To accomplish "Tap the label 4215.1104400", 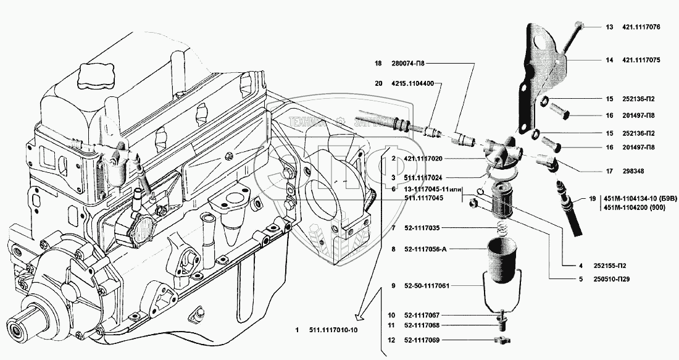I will tap(413, 83).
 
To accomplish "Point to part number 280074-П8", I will tap(412, 63).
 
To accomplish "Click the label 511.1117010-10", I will tap(333, 330).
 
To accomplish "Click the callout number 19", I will tap(592, 199).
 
